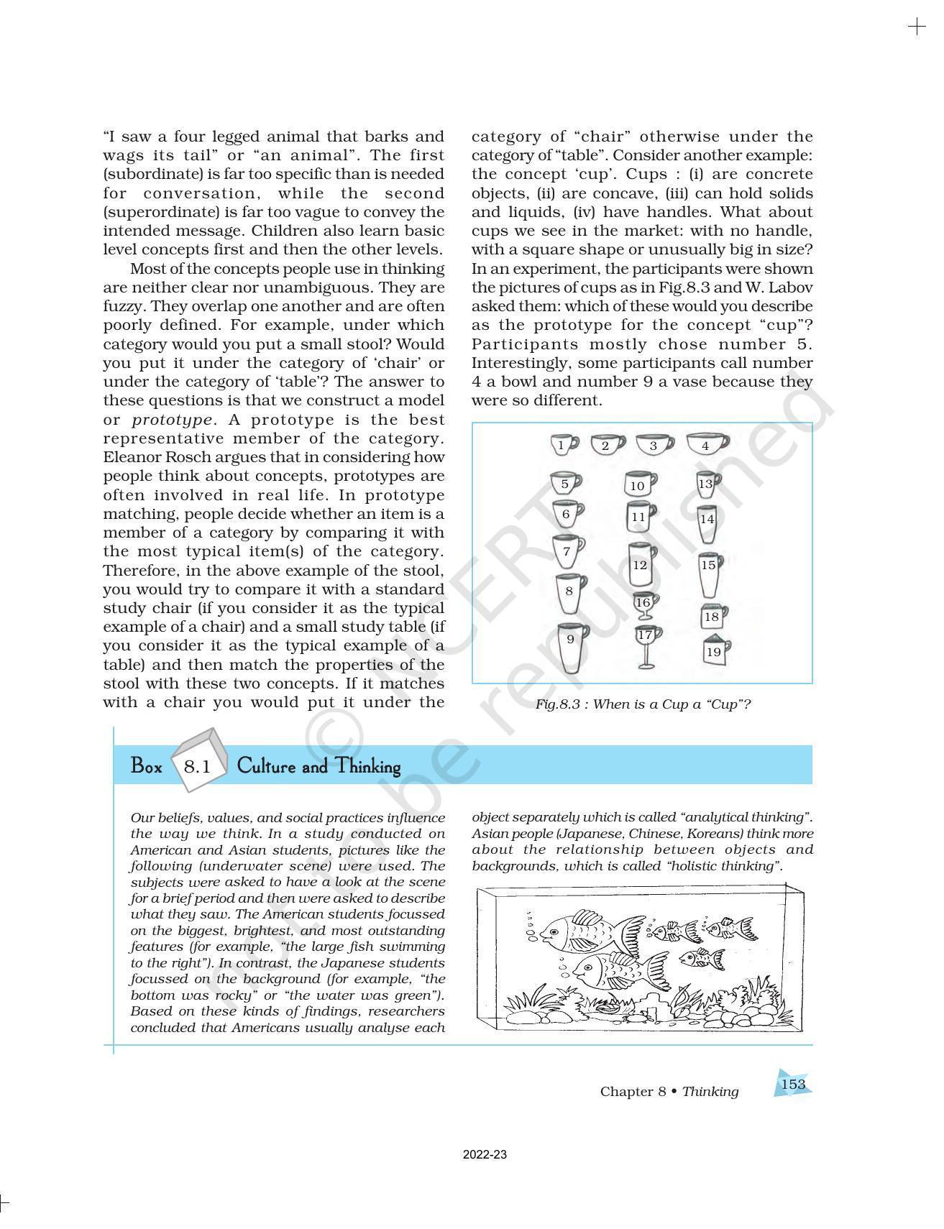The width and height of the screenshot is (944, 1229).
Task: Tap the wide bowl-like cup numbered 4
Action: [706, 445]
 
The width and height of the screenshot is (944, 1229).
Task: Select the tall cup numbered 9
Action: [571, 646]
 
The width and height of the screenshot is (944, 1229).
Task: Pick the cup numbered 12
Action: [639, 564]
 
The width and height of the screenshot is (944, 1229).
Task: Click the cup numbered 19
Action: [714, 651]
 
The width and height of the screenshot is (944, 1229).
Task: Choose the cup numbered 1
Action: [562, 445]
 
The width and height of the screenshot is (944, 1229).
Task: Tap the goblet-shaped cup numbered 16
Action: [643, 604]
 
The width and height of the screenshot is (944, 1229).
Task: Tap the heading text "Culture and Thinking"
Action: [318, 766]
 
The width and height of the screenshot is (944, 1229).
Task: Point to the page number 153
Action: [792, 1084]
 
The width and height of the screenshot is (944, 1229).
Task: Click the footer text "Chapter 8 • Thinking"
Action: [669, 1091]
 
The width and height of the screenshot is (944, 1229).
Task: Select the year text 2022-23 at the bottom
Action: [485, 1155]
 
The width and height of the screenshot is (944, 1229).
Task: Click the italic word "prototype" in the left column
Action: [172, 420]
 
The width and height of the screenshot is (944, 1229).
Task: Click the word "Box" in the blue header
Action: [147, 766]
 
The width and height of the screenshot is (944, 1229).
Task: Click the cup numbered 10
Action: [638, 484]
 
